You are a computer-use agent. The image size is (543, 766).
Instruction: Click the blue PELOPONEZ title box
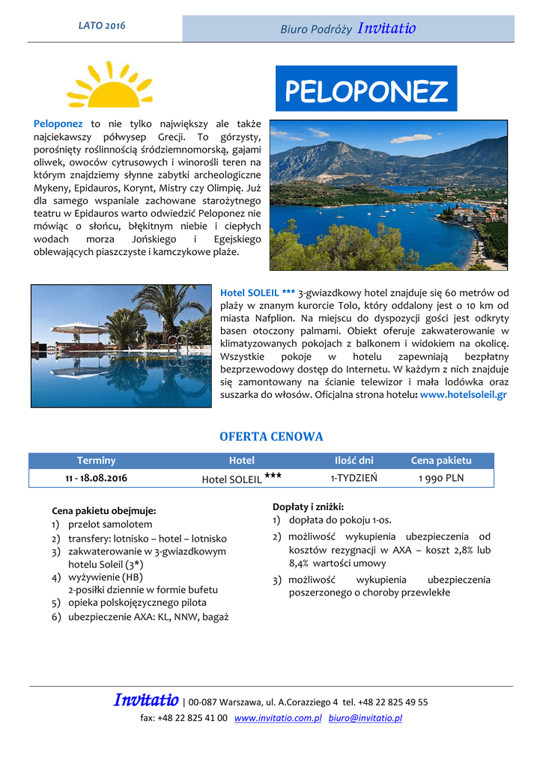[x=366, y=91]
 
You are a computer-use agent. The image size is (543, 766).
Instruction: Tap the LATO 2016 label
[x=102, y=26]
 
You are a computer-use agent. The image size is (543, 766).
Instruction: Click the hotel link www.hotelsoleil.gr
[x=464, y=394]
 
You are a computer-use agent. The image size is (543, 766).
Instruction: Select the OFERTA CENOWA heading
[x=271, y=437]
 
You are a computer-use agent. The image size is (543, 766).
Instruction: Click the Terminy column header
[x=96, y=461]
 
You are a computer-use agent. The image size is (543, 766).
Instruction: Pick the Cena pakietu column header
[x=441, y=461]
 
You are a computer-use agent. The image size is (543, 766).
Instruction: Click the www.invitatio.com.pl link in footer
[x=278, y=718]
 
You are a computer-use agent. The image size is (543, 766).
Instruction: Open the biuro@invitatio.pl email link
[x=365, y=718]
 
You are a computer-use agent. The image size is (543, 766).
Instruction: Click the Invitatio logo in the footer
[x=146, y=701]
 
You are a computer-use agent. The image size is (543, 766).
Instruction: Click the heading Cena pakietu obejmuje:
[x=103, y=511]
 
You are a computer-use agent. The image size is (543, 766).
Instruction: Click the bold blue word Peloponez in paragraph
[x=58, y=123]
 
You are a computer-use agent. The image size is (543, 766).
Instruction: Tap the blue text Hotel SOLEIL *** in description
[x=257, y=292]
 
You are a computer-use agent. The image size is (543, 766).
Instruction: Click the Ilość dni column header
[x=354, y=461]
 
